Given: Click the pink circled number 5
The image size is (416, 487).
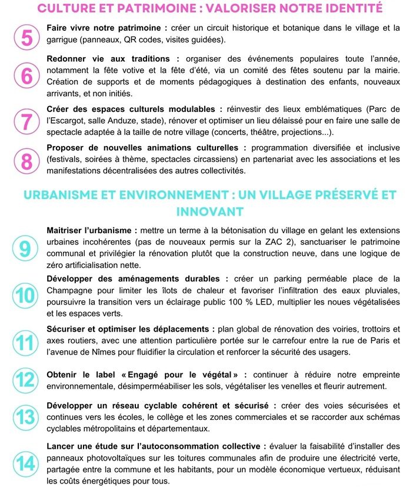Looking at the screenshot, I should click(x=26, y=37).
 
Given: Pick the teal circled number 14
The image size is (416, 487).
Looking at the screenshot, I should click(x=25, y=464).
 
